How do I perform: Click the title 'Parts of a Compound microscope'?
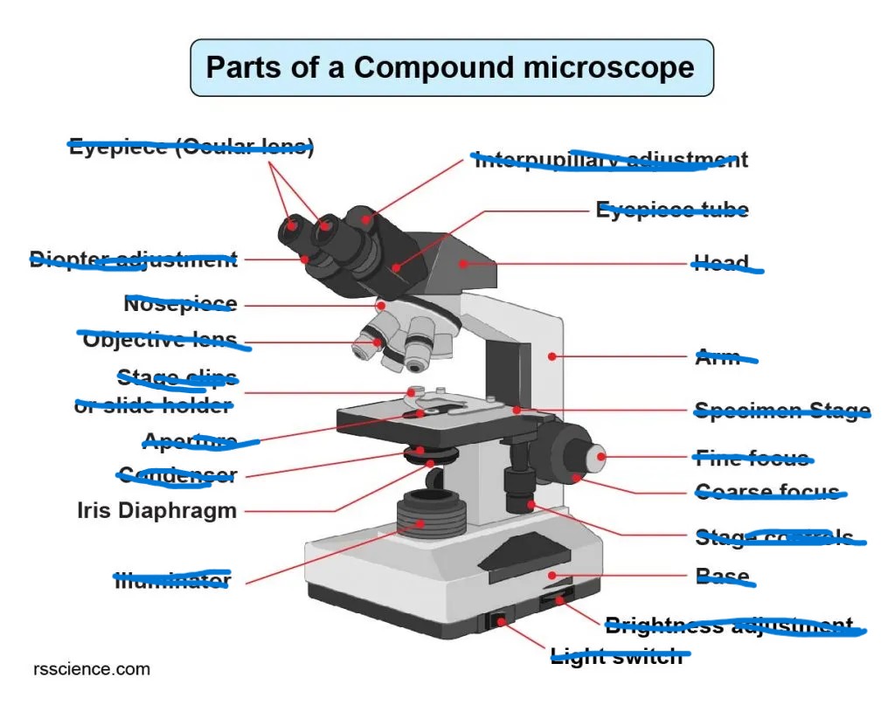point(451,67)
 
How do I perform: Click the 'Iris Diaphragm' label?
point(157,510)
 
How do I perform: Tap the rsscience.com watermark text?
point(92,670)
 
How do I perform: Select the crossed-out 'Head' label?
point(722,263)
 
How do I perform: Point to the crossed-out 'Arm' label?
point(718,356)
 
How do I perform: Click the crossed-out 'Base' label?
point(723,576)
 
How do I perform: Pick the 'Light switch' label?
point(616,656)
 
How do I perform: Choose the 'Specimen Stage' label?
point(781,411)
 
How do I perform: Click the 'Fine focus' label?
point(752,457)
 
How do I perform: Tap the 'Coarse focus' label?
point(767,492)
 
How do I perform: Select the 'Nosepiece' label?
point(180,304)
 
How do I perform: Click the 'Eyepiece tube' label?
point(672,210)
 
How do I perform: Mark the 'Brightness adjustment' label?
point(729,626)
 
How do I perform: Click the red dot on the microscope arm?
point(552,356)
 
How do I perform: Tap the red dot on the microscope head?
point(464,262)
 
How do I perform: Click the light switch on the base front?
point(499,621)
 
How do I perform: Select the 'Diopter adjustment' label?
point(133,259)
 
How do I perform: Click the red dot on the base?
point(552,575)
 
